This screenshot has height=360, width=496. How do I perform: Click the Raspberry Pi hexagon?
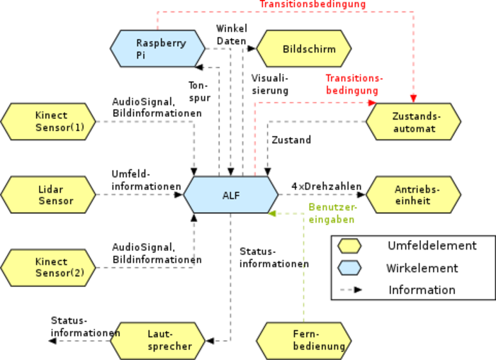[158, 49]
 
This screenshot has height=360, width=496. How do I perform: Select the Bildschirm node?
[304, 49]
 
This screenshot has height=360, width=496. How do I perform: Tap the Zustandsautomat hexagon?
[413, 122]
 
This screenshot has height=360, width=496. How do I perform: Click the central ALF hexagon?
[231, 195]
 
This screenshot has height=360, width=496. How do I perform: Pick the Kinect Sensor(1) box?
[48, 122]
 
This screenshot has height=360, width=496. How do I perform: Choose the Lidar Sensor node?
[48, 195]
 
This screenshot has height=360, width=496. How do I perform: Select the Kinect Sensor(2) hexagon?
[48, 268]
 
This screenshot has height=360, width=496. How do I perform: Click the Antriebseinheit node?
[413, 195]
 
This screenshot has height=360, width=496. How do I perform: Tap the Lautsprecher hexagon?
[158, 341]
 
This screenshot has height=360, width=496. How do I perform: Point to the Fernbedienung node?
[304, 341]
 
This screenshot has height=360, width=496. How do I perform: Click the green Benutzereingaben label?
[332, 213]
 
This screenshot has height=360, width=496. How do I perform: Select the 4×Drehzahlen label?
[327, 186]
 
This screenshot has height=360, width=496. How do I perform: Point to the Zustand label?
[291, 140]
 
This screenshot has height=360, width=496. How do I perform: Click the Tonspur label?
[199, 91]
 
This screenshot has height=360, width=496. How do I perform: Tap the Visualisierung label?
[270, 84]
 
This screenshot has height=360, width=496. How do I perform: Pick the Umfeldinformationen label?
[146, 180]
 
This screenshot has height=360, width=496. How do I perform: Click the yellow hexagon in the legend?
[349, 246]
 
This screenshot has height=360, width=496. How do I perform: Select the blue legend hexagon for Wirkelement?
[349, 268]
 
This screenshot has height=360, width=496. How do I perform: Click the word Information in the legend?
[422, 290]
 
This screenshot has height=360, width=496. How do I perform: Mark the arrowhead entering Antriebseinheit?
[361, 195]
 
